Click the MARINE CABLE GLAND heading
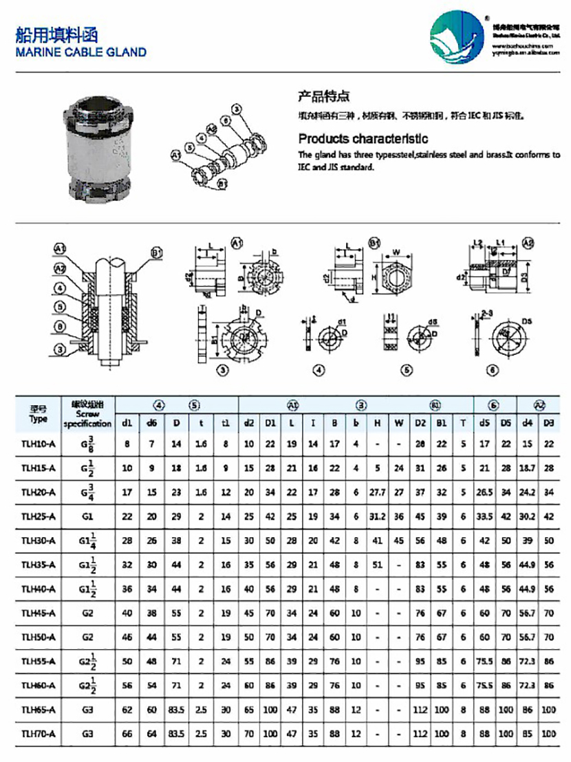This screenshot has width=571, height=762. tap(81, 52)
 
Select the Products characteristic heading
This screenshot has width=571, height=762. tap(363, 139)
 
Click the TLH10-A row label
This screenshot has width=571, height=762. tap(39, 444)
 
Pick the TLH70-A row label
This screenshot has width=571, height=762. tap(39, 734)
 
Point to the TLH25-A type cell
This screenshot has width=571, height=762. tap(39, 516)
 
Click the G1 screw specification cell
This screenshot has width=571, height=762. tap(87, 516)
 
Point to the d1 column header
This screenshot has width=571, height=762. tap(127, 422)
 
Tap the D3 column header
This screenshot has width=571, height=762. tap(548, 422)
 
